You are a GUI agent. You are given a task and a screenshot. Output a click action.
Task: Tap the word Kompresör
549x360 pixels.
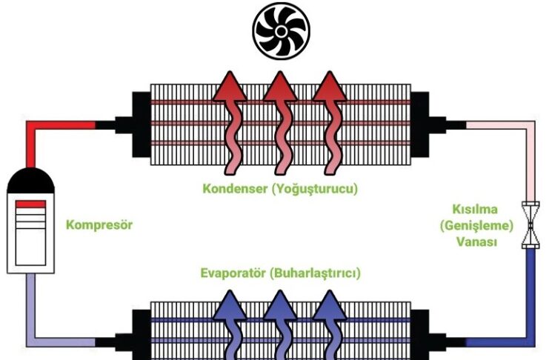[x=99, y=224]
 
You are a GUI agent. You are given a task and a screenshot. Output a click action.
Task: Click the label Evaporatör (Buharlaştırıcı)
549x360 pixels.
[x=281, y=273]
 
